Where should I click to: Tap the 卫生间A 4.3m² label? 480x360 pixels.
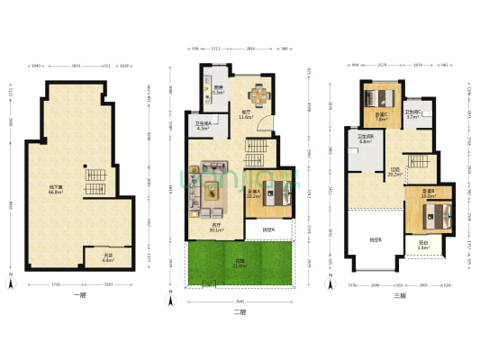point(203,126)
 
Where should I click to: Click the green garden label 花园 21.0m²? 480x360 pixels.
point(239,264)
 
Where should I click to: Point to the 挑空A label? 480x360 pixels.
point(268,230)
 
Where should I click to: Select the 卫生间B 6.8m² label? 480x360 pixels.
point(366,139)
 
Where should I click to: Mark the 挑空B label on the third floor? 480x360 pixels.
point(374,240)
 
